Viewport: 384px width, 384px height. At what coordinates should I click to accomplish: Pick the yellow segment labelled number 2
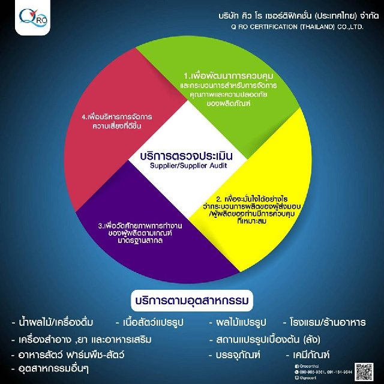[258, 204]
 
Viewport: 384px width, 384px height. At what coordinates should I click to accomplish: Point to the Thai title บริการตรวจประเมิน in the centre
[193, 155]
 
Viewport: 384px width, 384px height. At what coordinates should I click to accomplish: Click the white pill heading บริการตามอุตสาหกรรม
[192, 298]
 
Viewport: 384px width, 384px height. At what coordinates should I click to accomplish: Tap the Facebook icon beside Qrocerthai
[296, 366]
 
